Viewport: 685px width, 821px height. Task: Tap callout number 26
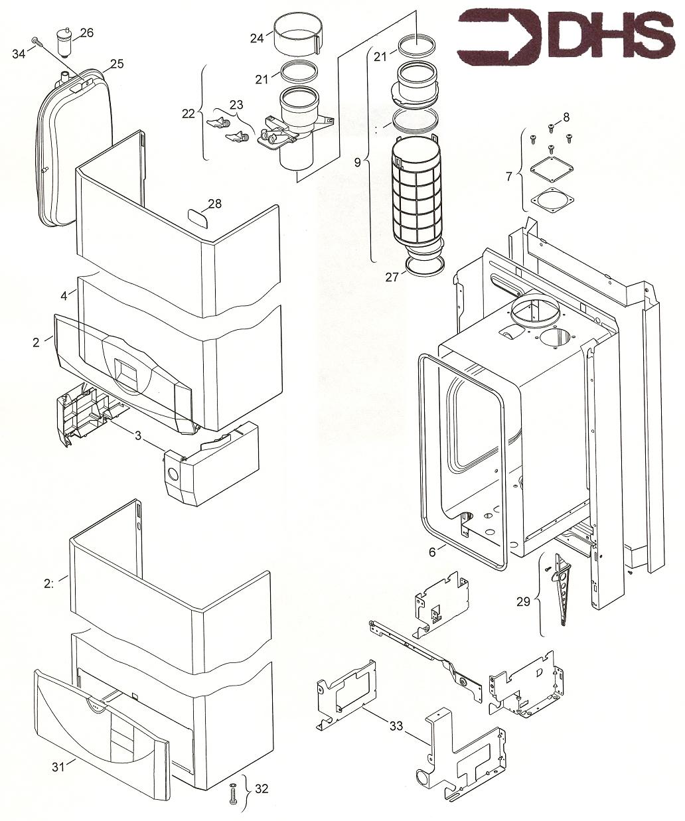click(87, 33)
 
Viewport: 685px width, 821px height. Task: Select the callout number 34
click(19, 53)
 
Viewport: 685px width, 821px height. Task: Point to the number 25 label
click(117, 64)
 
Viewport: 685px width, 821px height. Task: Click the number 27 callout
click(392, 277)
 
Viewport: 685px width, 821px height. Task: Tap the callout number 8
click(566, 117)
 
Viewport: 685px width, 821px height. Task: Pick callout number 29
click(524, 601)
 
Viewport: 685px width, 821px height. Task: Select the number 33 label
click(396, 726)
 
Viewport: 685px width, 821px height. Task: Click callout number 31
click(59, 767)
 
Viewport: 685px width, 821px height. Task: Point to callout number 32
click(262, 789)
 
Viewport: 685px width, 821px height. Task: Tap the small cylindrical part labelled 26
click(64, 43)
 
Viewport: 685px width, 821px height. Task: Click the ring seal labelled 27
click(423, 265)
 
